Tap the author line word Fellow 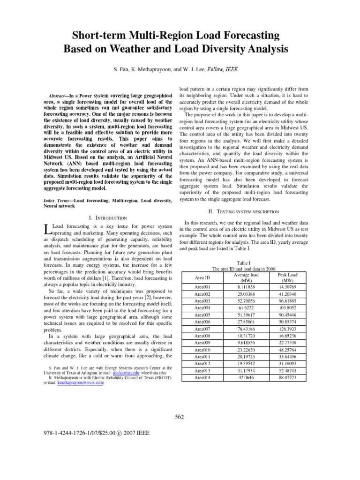coord(212,69)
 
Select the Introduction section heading coord(107,217)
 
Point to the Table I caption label coord(244,263)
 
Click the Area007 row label coord(202,329)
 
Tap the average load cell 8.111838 coord(246,286)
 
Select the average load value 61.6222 coord(246,307)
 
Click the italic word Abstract coord(59,94)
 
